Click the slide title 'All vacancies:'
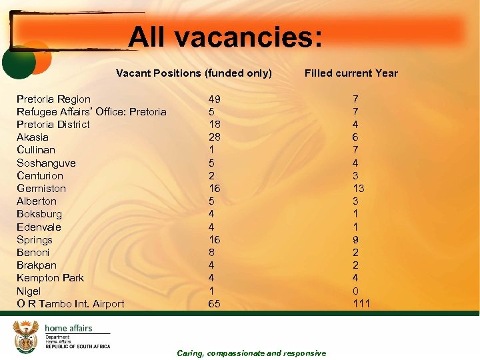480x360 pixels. [x=225, y=37]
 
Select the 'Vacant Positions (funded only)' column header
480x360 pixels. [x=194, y=73]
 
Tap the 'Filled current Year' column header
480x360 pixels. [x=351, y=73]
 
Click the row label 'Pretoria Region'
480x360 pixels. [x=53, y=99]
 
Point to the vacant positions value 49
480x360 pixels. [x=215, y=99]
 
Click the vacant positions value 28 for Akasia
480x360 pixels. [x=215, y=137]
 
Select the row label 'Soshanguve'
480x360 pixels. [x=46, y=163]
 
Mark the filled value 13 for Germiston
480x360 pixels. [x=358, y=189]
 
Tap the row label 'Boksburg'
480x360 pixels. [x=39, y=214]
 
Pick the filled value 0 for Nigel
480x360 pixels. [x=355, y=291]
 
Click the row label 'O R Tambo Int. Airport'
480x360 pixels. [x=70, y=304]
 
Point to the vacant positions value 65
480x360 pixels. [x=215, y=304]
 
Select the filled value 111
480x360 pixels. [x=361, y=304]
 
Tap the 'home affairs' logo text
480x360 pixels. [x=68, y=328]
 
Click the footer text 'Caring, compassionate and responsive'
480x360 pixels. [x=251, y=353]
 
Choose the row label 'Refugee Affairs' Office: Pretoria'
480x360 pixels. [x=91, y=112]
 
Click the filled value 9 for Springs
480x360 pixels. [x=355, y=240]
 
